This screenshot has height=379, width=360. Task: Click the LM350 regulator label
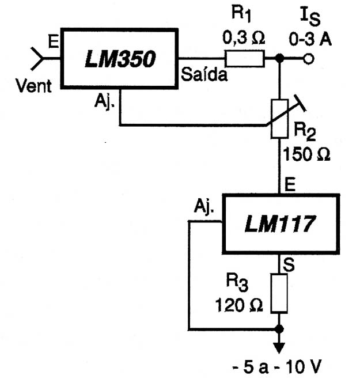(x=120, y=59)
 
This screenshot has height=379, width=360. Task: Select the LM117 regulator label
(x=280, y=224)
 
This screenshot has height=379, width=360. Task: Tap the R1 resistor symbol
(x=245, y=59)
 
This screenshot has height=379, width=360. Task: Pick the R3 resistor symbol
(x=279, y=293)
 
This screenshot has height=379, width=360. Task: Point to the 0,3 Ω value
(x=244, y=38)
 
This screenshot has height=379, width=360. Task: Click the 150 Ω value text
(x=306, y=154)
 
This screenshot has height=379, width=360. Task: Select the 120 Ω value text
(x=238, y=305)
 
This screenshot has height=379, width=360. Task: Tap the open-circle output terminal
(x=309, y=59)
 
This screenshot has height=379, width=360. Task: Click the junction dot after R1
(x=280, y=58)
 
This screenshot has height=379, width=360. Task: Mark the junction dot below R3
(x=279, y=329)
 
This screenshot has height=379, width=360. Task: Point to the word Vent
(x=33, y=86)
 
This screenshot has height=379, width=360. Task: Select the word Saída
(x=204, y=74)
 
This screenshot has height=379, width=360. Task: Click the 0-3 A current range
(x=310, y=39)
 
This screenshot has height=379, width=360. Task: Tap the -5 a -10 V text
(x=276, y=367)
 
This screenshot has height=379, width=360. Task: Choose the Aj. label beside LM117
(x=204, y=206)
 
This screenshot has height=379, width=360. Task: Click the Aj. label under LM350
(x=105, y=101)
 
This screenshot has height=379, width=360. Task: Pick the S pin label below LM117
(x=289, y=265)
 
